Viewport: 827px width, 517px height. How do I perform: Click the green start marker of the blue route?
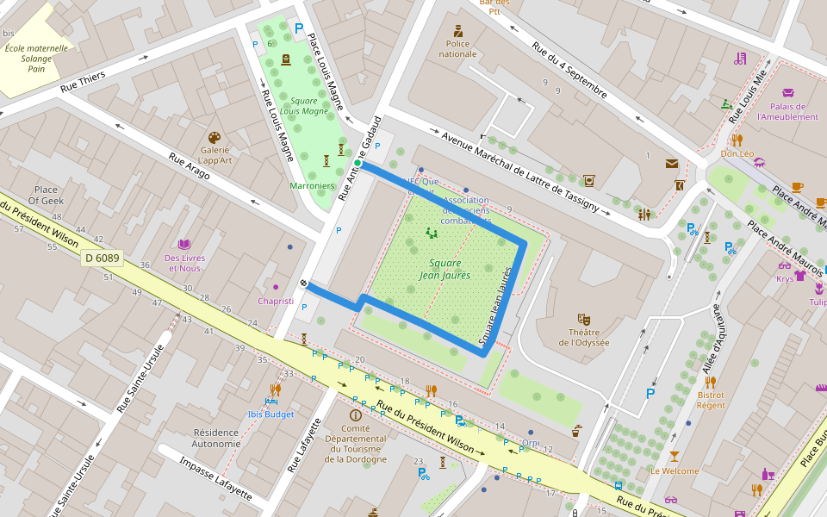(x=358, y=163)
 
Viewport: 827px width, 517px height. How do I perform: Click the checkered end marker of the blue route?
(x=304, y=283)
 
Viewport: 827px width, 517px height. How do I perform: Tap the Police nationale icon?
(x=457, y=31)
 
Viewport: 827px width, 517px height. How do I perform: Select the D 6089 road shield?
(x=102, y=258)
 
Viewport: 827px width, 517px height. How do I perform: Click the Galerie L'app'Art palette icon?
(x=215, y=138)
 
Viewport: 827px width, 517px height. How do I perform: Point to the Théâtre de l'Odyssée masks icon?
(x=583, y=319)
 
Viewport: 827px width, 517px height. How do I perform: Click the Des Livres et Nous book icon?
(x=184, y=245)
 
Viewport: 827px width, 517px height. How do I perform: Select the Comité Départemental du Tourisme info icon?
(x=356, y=414)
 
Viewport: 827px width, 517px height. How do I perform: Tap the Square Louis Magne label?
(x=304, y=106)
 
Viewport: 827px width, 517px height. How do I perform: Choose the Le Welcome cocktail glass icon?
(x=674, y=456)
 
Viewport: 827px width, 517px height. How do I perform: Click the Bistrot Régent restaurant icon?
(x=710, y=382)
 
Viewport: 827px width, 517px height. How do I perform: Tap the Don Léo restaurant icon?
(x=737, y=140)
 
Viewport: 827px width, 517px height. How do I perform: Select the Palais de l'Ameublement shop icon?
(x=788, y=93)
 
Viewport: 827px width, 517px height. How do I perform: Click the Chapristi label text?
(x=276, y=301)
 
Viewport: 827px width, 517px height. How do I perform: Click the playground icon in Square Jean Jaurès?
(x=431, y=233)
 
